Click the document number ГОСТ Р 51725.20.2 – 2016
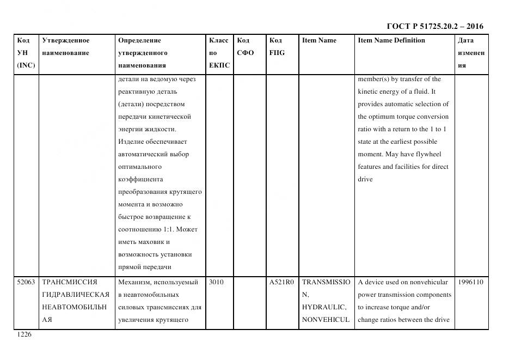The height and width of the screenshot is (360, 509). [x=434, y=26]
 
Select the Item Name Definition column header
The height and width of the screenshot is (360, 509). [x=391, y=40]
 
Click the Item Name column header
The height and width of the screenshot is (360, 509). [x=319, y=40]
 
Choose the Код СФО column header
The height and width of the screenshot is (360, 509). [x=246, y=47]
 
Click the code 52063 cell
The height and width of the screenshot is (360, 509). [x=26, y=282]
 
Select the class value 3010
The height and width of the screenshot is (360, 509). [x=217, y=282]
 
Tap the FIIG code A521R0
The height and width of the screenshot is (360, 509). [x=281, y=282]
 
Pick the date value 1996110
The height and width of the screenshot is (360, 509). [x=470, y=282]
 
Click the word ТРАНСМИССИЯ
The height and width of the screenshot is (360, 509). [x=70, y=282]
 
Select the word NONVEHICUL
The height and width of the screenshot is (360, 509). [x=325, y=320]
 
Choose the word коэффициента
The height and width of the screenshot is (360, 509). [x=140, y=179]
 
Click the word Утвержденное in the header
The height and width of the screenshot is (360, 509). [x=66, y=40]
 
